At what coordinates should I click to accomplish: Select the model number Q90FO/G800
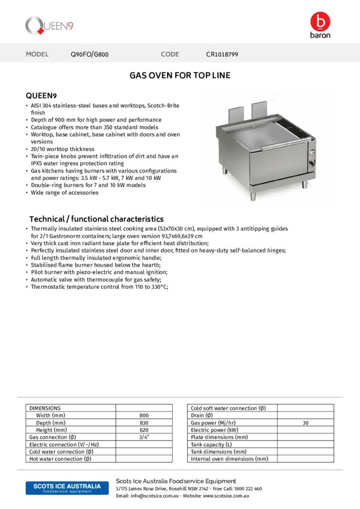(x=90, y=54)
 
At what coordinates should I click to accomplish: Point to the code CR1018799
(x=222, y=54)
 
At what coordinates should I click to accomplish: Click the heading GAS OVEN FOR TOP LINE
(x=180, y=76)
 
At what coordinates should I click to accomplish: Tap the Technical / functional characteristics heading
(x=96, y=219)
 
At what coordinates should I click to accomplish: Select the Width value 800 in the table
(x=144, y=415)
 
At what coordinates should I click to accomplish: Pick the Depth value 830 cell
(x=144, y=423)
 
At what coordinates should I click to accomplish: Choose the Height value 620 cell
(x=144, y=429)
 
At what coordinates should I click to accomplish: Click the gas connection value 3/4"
(x=144, y=437)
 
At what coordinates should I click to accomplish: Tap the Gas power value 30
(x=305, y=423)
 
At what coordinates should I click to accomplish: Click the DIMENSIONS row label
(x=45, y=408)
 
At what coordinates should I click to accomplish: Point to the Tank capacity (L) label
(x=211, y=444)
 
